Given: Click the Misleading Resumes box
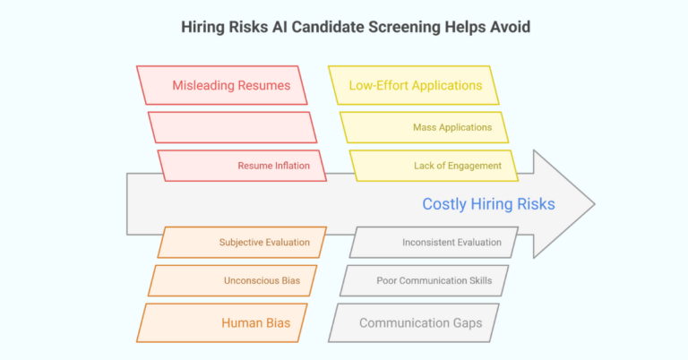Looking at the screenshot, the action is click(231, 86).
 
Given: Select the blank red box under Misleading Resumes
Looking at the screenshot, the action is click(231, 127).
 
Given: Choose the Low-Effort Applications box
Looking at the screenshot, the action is click(415, 86).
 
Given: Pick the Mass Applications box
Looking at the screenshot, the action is click(451, 127).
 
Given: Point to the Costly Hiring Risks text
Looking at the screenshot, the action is click(488, 204).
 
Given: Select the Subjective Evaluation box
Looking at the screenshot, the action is click(264, 242).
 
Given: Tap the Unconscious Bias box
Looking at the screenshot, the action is click(262, 280).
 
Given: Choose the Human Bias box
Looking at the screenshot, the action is click(256, 322).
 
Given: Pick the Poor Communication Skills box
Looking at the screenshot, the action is click(434, 280).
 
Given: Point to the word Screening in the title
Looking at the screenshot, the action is click(391, 27).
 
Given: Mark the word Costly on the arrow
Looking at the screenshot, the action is click(443, 204).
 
